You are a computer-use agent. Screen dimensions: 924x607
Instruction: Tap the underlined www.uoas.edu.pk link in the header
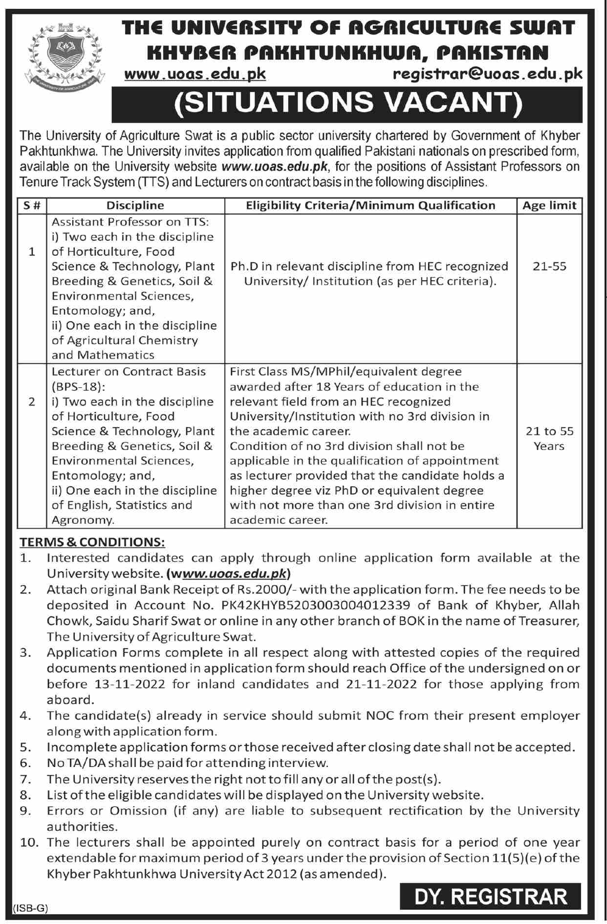coord(195,74)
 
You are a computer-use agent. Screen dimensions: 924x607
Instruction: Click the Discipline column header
coord(135,205)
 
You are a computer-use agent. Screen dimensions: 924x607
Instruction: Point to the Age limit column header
coord(549,205)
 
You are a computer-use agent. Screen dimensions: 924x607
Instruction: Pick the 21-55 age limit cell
coord(549,267)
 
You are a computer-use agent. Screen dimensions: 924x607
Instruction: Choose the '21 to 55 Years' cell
coord(549,438)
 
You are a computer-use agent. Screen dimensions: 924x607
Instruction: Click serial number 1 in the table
coord(32,252)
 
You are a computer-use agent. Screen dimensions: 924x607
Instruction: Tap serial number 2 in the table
coord(32,402)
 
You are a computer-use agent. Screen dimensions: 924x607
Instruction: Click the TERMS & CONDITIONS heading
coord(92,542)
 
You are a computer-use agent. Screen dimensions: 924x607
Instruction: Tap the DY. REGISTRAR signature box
coord(490,897)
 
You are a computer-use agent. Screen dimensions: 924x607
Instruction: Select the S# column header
coord(32,205)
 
